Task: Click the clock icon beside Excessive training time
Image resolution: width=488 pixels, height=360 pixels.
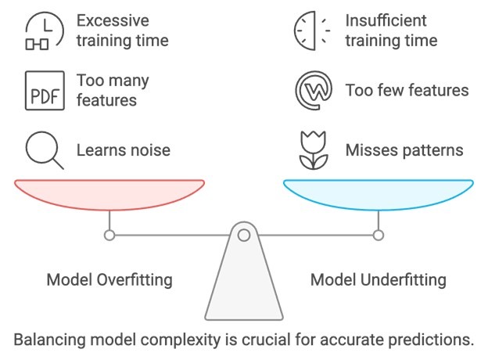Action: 40,29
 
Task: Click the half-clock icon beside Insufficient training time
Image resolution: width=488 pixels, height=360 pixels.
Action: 311,29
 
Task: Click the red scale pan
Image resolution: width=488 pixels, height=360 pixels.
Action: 109,193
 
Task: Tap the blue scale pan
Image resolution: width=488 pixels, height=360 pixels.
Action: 379,193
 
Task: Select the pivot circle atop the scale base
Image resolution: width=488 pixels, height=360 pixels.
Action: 244,235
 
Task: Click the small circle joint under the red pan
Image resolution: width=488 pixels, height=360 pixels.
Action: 109,235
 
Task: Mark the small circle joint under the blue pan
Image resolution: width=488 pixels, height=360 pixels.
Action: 379,235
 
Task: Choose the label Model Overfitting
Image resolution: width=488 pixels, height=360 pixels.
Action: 109,279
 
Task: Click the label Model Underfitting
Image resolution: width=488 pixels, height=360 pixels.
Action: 379,279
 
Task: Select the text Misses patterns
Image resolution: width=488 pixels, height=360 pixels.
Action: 404,149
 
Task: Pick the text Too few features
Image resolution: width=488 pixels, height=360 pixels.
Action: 407,90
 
